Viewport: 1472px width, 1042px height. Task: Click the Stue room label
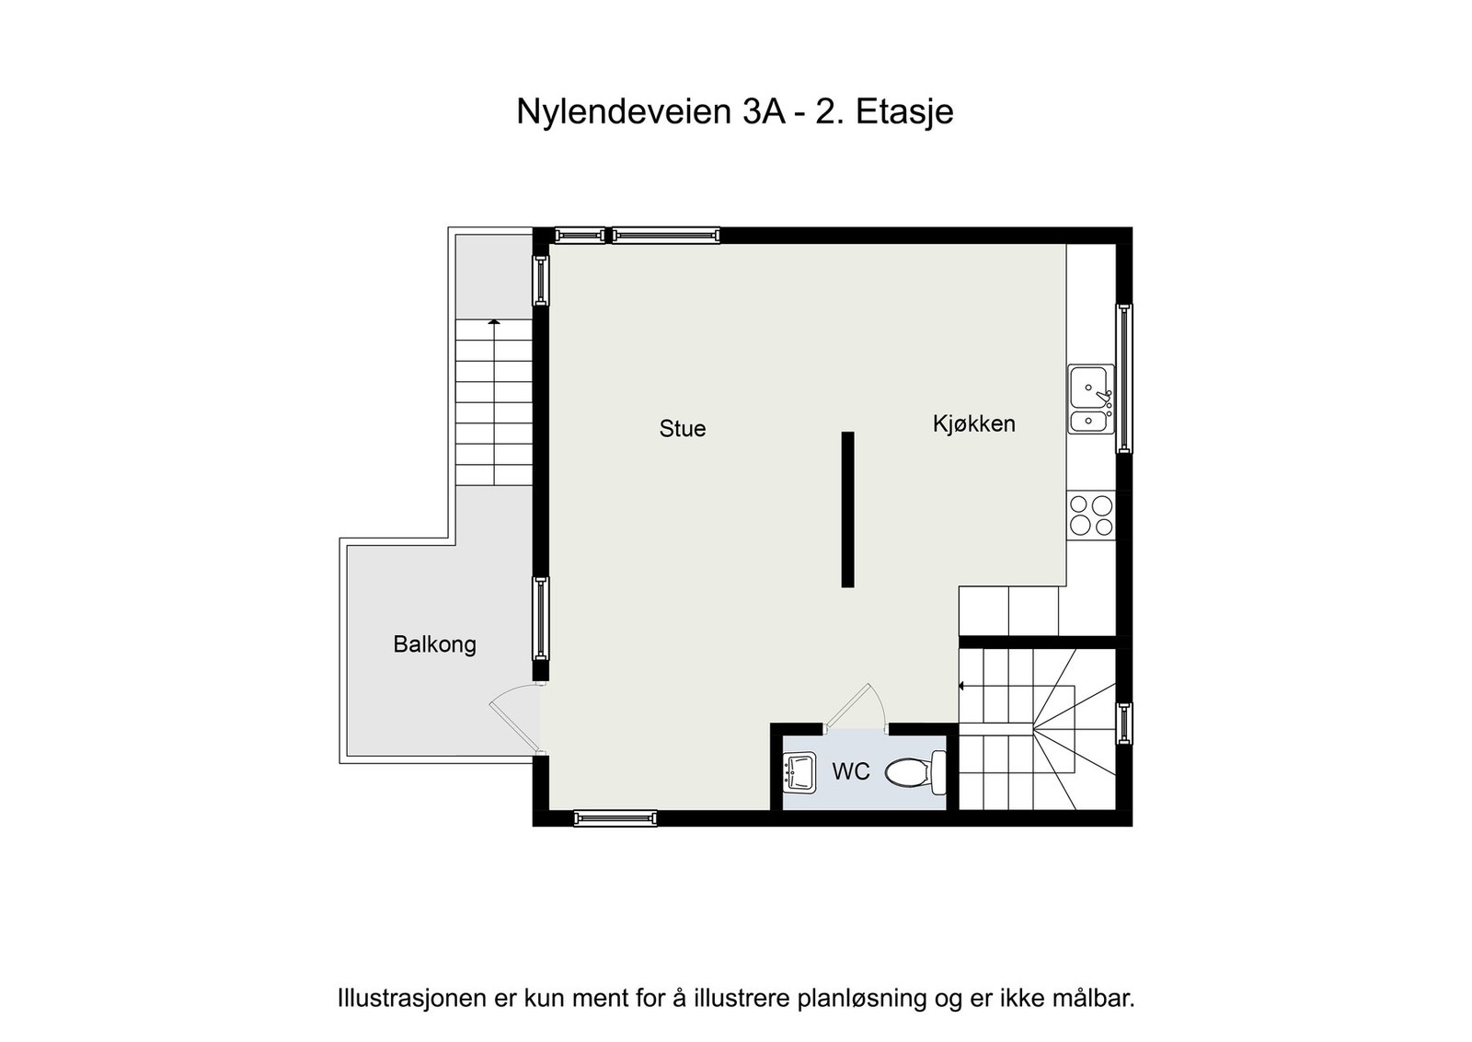tap(683, 428)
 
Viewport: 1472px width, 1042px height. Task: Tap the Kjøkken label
tap(973, 423)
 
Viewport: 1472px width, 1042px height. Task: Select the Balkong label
tap(434, 643)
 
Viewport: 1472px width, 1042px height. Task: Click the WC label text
tap(850, 771)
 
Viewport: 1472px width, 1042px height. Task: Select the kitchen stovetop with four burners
tap(1091, 515)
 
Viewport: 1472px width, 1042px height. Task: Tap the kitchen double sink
tap(1091, 399)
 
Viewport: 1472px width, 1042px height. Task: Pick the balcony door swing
tap(513, 718)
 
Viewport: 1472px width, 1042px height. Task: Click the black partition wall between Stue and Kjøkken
tap(847, 509)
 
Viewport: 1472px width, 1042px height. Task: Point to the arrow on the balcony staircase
tap(494, 322)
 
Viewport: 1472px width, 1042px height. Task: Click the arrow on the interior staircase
tap(961, 686)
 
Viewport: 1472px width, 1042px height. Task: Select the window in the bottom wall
tap(615, 817)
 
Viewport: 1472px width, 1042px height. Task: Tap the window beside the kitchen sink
tap(1123, 378)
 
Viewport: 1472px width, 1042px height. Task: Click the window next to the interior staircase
tap(1123, 723)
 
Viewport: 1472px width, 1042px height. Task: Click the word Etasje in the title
tap(904, 111)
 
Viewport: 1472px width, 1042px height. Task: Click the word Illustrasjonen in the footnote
tap(412, 998)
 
